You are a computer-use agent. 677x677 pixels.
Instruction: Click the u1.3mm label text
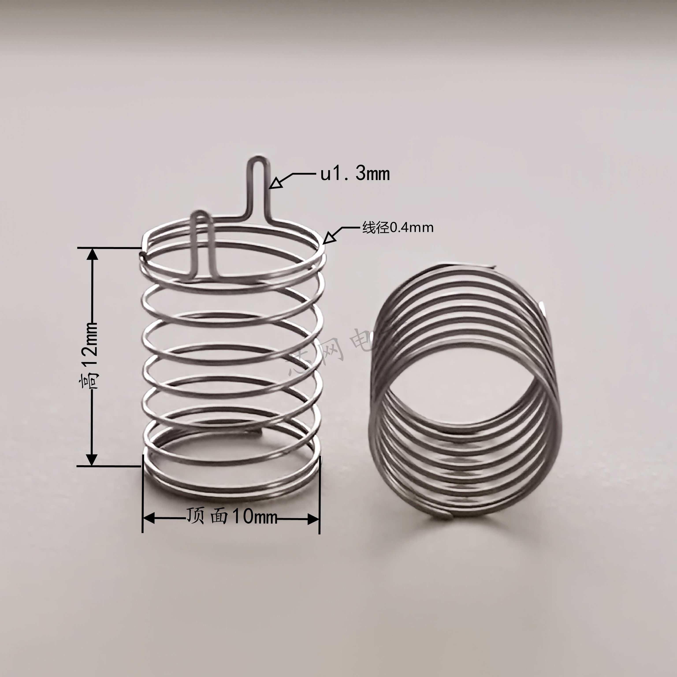click(355, 174)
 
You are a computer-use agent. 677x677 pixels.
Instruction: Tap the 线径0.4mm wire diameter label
click(398, 228)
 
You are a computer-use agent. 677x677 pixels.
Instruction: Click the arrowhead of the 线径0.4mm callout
click(328, 238)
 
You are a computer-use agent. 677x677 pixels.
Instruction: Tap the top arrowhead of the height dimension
click(92, 254)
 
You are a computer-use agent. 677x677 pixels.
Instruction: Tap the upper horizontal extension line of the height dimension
click(109, 248)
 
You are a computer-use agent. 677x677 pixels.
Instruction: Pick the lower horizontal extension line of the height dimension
click(109, 466)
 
